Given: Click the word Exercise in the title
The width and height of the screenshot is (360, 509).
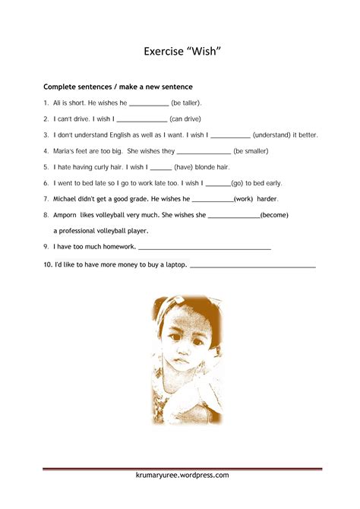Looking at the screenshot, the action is pos(164,52).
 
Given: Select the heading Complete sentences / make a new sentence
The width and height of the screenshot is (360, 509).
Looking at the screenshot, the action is pos(118,87).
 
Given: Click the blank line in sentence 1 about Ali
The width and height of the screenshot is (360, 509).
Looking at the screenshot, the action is pos(149,104).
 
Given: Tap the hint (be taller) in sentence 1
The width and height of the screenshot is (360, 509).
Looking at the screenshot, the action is pos(186,103).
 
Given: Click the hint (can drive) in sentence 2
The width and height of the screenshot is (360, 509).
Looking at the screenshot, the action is pos(186,119).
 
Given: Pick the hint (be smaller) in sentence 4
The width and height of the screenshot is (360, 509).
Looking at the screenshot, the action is pos(251,150).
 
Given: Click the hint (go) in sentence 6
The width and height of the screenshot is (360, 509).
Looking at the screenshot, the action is pos(238,183).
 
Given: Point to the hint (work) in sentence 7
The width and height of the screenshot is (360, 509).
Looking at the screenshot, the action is pos(244,199).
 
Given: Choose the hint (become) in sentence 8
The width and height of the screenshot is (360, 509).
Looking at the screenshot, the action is pos(274,215).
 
